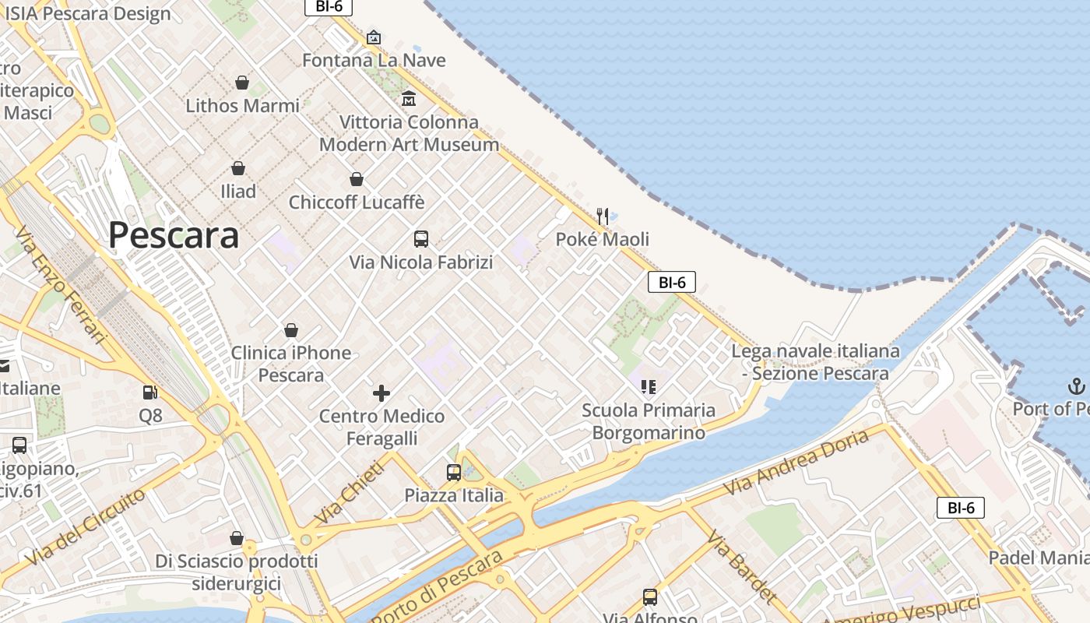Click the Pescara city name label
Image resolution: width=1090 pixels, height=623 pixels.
(x=173, y=234)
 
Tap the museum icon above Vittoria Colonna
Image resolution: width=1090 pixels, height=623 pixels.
(x=409, y=99)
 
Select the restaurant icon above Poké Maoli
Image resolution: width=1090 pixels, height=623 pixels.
(x=603, y=216)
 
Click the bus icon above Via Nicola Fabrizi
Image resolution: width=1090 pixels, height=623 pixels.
(x=421, y=239)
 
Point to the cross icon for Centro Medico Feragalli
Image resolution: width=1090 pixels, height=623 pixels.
(x=381, y=393)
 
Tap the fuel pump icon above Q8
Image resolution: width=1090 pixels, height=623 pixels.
(x=149, y=393)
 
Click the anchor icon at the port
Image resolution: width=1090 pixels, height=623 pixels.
(x=1075, y=386)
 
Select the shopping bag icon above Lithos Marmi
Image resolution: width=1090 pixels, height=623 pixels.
(x=242, y=83)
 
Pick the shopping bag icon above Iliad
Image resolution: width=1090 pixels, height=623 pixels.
(x=238, y=168)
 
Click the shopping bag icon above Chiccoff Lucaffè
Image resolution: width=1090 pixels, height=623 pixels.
(x=357, y=179)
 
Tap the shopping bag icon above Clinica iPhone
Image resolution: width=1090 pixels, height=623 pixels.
(x=291, y=330)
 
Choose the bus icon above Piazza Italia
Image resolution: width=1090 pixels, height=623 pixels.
(x=454, y=472)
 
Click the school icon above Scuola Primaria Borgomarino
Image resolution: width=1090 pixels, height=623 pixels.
(x=649, y=386)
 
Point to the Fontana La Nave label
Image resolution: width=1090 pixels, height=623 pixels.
(x=374, y=60)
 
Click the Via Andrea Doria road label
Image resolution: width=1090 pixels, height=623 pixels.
(x=796, y=463)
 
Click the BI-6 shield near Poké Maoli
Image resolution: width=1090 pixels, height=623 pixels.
(x=671, y=282)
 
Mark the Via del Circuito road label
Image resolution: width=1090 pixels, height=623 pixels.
(x=84, y=527)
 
